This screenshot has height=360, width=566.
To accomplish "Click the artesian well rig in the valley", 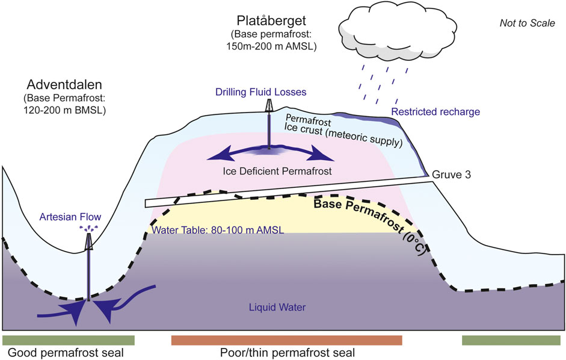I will (x=88, y=240).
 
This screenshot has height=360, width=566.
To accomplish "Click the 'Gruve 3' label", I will (x=451, y=175).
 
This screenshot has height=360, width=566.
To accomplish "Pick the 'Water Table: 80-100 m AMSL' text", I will (x=218, y=230).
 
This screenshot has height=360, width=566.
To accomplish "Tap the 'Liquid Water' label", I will (x=277, y=308).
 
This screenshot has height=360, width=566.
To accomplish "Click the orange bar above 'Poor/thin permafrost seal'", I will (x=286, y=340).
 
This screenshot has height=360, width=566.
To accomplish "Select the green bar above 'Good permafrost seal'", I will (x=69, y=340).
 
